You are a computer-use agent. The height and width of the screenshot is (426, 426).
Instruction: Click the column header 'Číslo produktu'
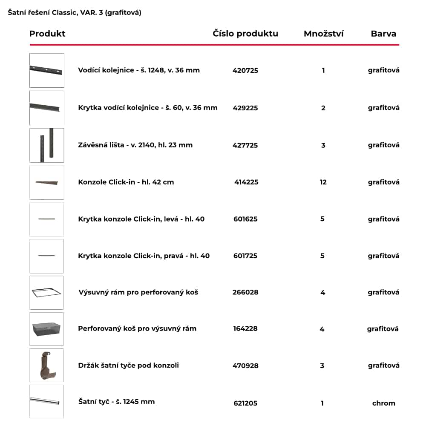245,34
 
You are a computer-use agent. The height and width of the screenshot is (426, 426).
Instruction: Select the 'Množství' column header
323,34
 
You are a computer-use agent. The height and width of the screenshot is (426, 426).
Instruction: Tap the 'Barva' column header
383,34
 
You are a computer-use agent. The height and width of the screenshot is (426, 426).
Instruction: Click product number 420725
245,70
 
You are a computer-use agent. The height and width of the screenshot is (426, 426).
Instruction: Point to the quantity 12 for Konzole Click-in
323,182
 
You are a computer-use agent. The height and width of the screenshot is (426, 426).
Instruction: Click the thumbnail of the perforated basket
46,329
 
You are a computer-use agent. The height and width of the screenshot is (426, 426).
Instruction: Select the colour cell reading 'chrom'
383,403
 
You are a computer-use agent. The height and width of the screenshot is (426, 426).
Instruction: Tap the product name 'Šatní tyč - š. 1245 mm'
116,401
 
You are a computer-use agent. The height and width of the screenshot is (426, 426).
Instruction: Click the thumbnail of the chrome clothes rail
46,401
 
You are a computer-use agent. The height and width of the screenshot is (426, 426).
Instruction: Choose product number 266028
245,292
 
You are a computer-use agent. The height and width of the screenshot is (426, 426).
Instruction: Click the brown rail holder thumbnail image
46,366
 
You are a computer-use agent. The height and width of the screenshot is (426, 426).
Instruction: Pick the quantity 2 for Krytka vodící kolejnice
323,108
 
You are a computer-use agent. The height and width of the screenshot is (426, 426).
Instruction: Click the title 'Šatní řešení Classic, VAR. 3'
75,12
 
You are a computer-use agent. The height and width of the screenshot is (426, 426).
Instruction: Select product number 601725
245,256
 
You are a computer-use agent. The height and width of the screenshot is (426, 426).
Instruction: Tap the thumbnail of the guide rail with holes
46,70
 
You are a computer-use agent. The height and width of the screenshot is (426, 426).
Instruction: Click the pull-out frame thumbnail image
46,293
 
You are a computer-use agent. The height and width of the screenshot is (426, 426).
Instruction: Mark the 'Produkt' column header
47,34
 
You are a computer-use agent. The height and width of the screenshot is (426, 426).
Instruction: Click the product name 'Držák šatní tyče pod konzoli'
128,365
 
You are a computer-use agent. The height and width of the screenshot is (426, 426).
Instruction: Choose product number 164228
245,328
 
